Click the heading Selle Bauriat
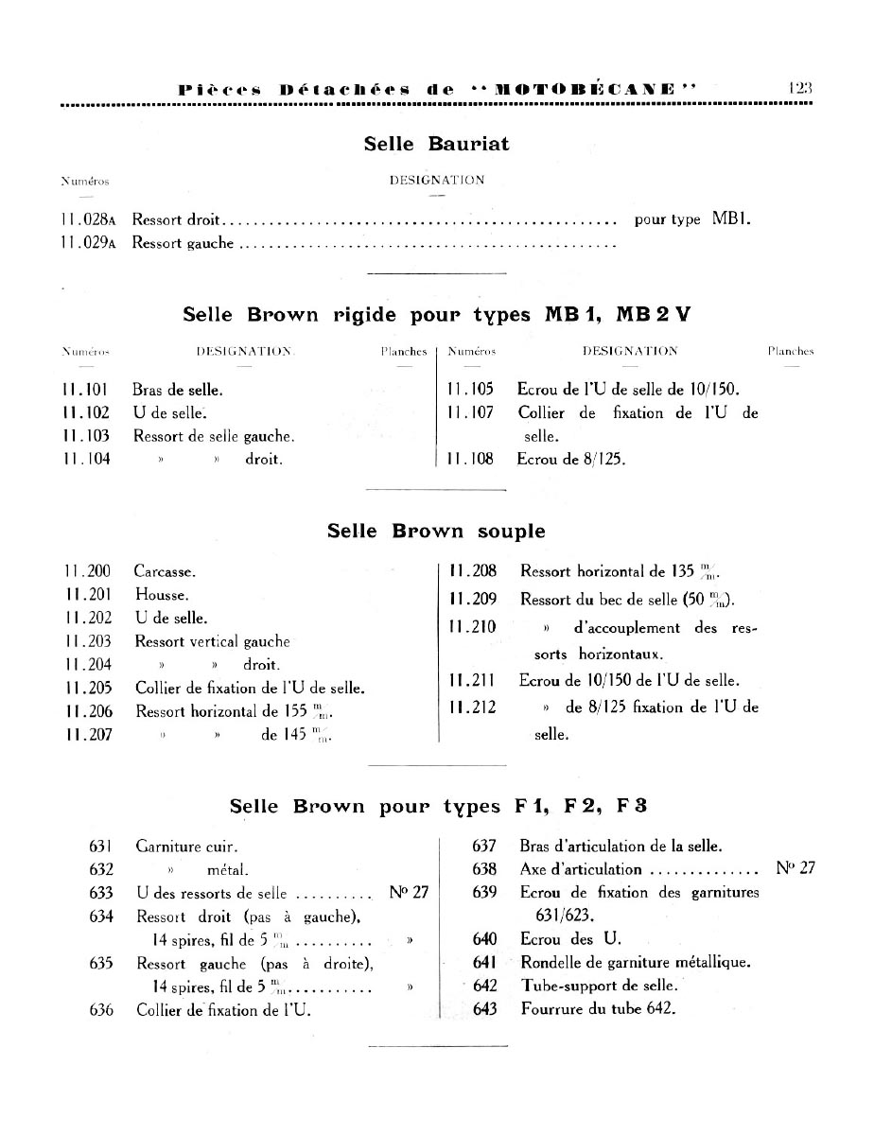[x=436, y=145]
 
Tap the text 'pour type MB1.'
[x=692, y=219]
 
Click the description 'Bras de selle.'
[x=179, y=389]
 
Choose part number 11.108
[x=470, y=460]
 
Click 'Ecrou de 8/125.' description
[x=571, y=460]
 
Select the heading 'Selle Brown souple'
[x=436, y=531]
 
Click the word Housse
[x=162, y=595]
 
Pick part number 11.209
[x=473, y=599]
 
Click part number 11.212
[x=473, y=707]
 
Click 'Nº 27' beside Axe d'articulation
[x=795, y=869]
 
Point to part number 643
[x=484, y=1008]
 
